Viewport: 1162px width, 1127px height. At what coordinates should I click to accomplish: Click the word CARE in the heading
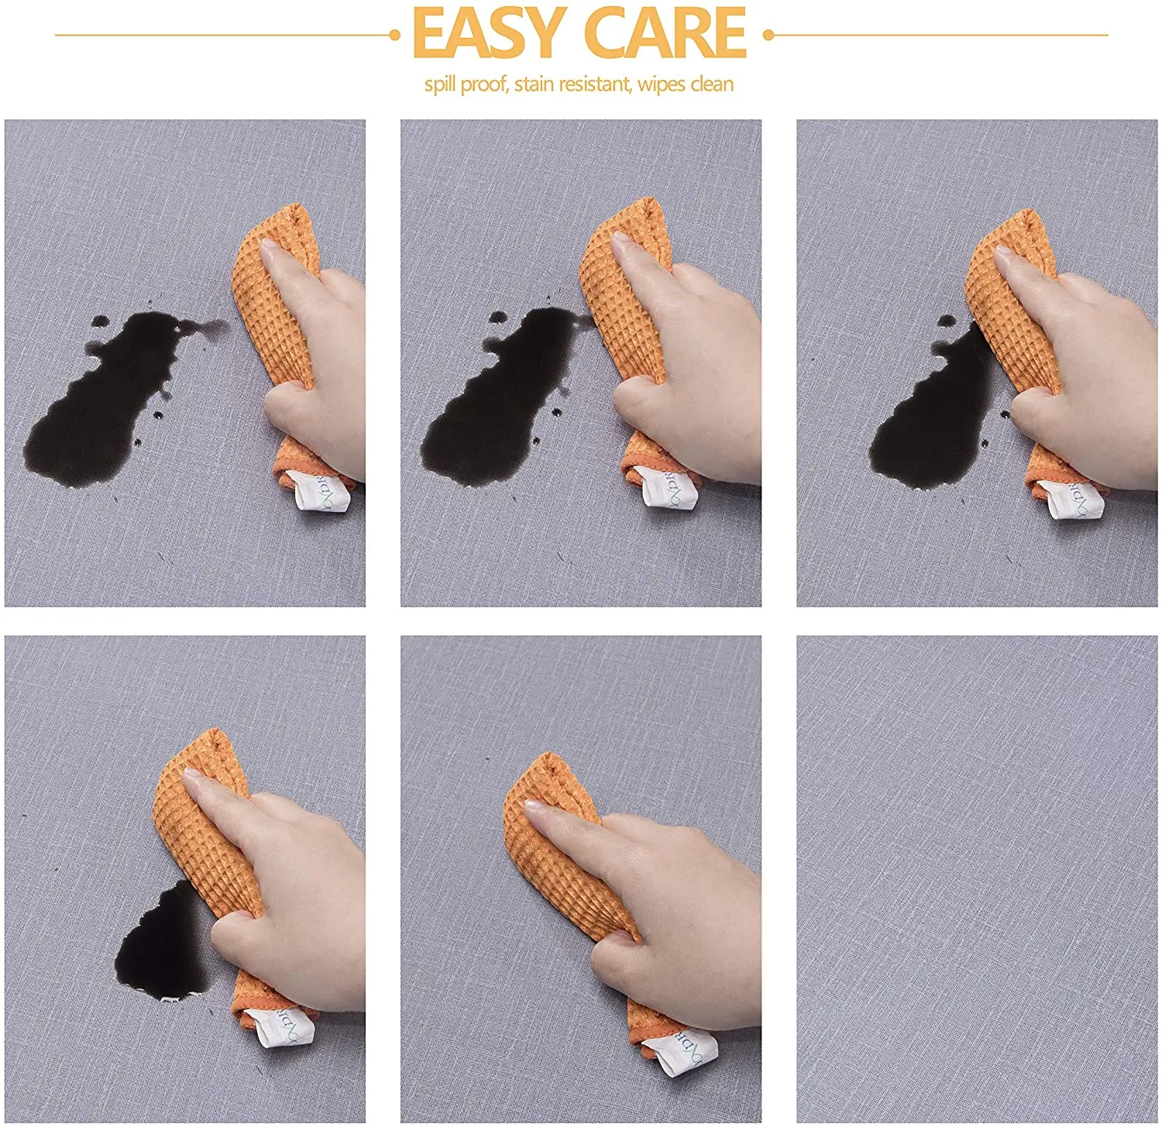665,33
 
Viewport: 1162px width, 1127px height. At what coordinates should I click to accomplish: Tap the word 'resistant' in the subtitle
594,84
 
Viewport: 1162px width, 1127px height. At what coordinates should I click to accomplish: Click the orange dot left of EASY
394,35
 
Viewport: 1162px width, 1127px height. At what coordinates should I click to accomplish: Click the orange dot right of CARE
768,35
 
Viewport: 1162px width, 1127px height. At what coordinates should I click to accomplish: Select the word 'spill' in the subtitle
439,84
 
